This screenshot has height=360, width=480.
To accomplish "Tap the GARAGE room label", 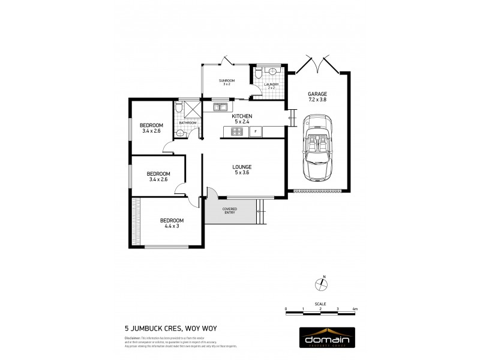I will point(317,95).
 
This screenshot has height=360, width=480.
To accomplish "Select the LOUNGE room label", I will point(242,167).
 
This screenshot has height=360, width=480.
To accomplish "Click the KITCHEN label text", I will point(242,116).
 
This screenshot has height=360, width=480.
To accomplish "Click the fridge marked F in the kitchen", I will point(255,131).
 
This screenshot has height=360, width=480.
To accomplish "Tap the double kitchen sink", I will point(218,107).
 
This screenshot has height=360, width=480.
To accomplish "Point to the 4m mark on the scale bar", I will point(355,309).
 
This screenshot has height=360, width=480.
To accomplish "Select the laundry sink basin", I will point(273,71).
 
